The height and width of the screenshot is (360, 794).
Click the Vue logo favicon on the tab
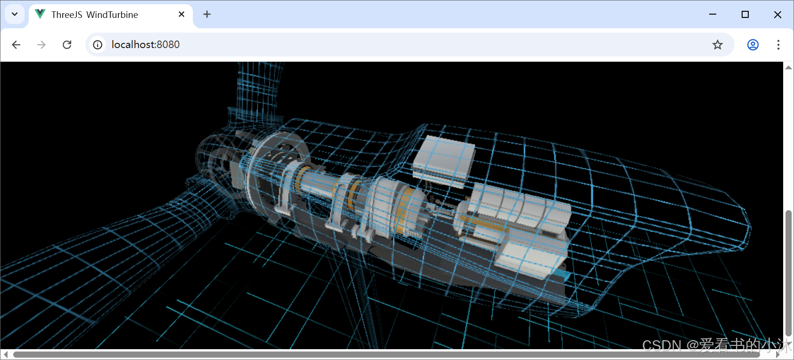point(40,14)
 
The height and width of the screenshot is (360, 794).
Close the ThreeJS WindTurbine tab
point(181,14)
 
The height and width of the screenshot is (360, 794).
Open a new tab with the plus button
point(207,14)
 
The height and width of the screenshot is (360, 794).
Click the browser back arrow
point(16,45)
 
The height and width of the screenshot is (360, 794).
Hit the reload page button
point(67,45)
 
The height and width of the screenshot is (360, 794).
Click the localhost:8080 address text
point(145,45)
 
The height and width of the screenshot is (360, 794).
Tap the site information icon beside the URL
point(98,45)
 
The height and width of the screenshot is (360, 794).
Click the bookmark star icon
point(718,45)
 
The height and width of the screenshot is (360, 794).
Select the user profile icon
point(753,45)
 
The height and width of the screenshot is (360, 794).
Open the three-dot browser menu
point(778,45)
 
